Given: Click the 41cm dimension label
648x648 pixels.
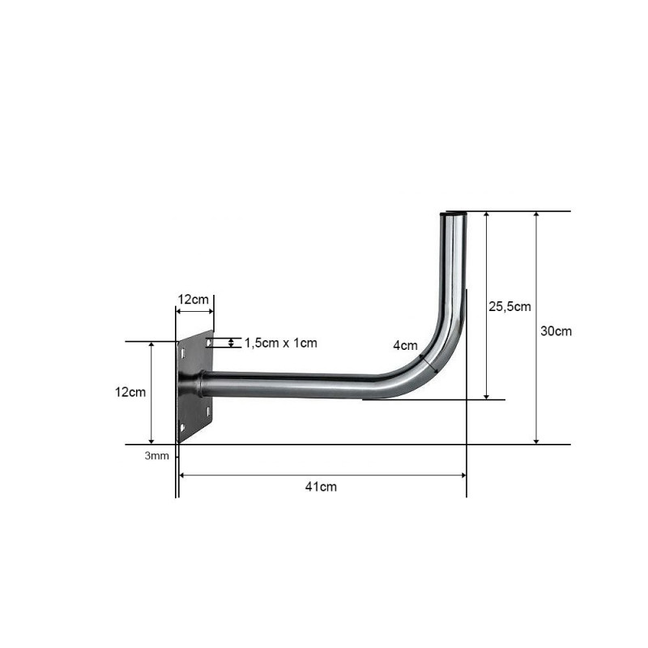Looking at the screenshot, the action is [x=321, y=487].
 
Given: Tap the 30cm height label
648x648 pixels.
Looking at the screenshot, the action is [x=556, y=331].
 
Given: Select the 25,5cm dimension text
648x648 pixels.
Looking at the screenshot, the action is [x=509, y=307].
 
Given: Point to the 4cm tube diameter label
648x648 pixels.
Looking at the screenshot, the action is [x=405, y=346].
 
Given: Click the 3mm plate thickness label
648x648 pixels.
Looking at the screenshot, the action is [x=156, y=456].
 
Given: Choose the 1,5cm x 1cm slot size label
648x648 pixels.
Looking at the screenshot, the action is [x=281, y=343].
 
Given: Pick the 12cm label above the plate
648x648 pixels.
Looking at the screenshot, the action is [x=194, y=299].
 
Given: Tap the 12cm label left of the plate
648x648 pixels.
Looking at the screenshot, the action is [x=130, y=392].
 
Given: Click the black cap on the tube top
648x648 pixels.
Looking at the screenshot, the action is [x=453, y=214].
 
